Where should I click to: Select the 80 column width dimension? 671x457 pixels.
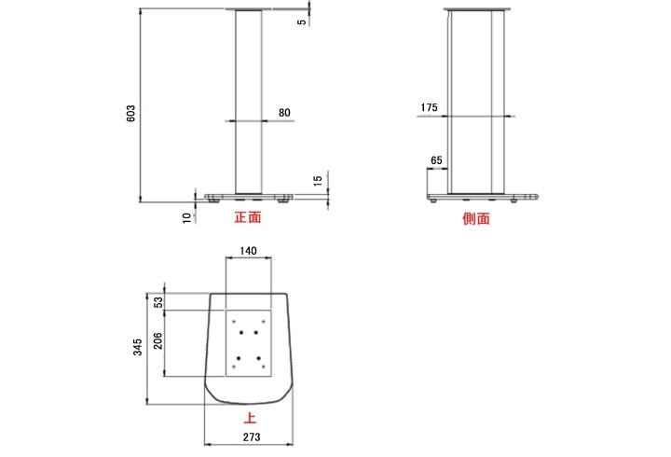(284, 113)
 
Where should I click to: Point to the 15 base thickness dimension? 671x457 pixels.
(317, 179)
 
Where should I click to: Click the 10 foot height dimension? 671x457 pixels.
(187, 217)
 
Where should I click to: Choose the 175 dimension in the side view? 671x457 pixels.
(429, 108)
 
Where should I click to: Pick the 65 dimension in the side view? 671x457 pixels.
(435, 160)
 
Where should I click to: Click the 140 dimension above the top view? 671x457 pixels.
(249, 252)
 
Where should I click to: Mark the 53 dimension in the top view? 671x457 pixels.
(157, 301)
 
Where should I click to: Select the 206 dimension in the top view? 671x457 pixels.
(157, 341)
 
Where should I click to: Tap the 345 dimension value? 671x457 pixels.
(136, 347)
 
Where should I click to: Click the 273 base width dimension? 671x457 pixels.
(251, 436)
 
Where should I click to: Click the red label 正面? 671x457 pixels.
(247, 218)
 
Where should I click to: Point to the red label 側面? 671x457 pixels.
(476, 219)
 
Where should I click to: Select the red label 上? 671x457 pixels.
(250, 420)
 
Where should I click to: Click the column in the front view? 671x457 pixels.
(248, 103)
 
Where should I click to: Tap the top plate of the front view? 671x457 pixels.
(248, 10)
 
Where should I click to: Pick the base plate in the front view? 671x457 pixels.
(248, 194)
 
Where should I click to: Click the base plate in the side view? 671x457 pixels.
(485, 194)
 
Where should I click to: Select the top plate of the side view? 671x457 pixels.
(478, 10)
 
